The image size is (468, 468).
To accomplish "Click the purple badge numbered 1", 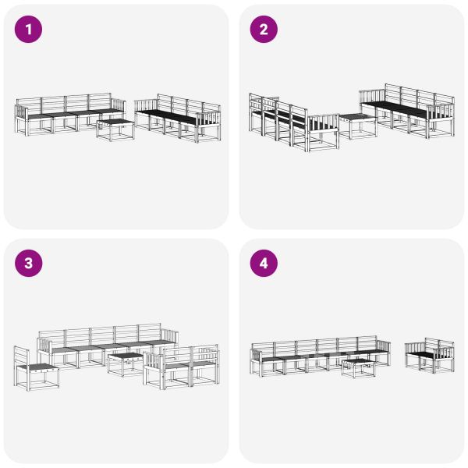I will [29, 30].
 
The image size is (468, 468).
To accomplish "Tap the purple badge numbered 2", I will [263, 30].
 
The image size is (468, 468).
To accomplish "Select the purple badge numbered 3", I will [29, 263].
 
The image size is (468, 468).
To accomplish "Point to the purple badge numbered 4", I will [263, 263].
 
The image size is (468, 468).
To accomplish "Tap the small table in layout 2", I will [357, 125].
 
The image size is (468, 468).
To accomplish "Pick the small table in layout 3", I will [126, 363].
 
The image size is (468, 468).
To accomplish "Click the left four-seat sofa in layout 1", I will [66, 115].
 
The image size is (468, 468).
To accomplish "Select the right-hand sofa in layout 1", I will [178, 119].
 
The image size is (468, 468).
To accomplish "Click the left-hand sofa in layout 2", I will [285, 121].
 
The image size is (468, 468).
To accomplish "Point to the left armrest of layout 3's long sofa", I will [43, 347].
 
